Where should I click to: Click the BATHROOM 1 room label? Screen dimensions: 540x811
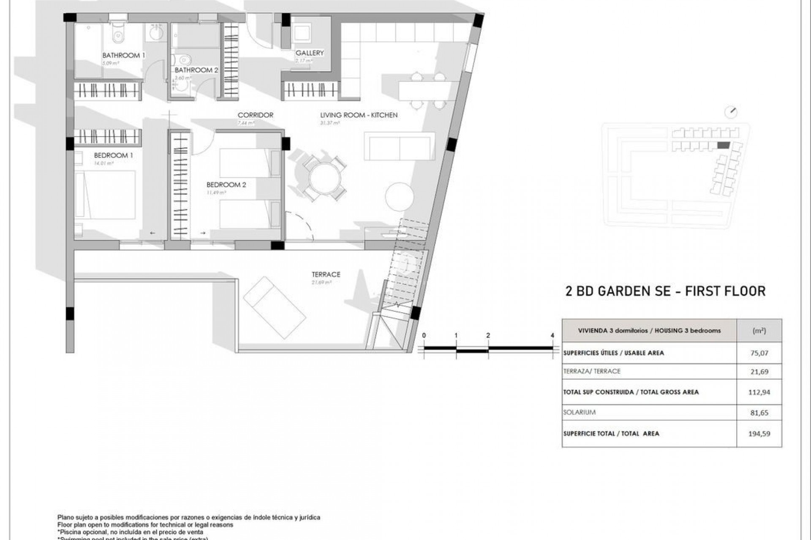[124, 55]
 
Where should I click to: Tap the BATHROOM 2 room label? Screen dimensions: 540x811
[196, 70]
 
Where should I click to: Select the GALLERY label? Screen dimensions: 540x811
[310, 53]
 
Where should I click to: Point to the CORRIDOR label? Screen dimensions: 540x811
[255, 115]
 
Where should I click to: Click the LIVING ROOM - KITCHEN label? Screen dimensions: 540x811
[359, 115]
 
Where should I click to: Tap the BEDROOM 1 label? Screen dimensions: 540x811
[113, 155]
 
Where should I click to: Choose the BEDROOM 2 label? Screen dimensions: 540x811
[226, 185]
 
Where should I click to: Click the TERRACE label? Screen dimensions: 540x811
[326, 274]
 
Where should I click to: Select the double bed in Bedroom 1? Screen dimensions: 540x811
[106, 195]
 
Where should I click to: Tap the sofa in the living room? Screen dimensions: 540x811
[399, 146]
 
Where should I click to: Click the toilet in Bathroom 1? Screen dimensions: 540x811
[118, 35]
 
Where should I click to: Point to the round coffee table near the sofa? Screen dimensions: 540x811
[399, 197]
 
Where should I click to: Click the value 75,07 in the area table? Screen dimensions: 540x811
[759, 353]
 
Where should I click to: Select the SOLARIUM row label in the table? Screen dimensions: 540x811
[579, 412]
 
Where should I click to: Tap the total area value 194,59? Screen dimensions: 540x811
[759, 434]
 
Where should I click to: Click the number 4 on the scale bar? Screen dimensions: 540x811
[552, 336]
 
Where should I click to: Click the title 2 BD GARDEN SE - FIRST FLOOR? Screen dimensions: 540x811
[665, 291]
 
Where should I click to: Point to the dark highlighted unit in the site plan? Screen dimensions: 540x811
[723, 146]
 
